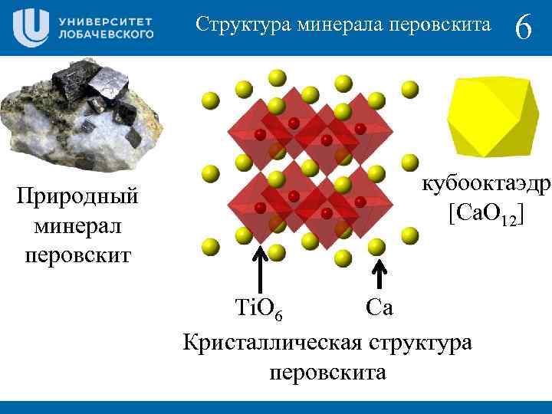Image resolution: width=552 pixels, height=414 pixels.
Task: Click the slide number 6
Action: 524,28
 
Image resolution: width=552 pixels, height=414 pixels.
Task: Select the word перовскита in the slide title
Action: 440,25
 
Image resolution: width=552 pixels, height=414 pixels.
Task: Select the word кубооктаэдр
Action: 485,185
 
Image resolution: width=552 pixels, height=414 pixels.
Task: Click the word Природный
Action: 78,196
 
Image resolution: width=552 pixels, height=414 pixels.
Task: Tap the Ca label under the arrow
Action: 379,307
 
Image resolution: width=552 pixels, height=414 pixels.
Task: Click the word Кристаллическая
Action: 272,342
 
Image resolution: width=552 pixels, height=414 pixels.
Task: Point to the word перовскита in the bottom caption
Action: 327,373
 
